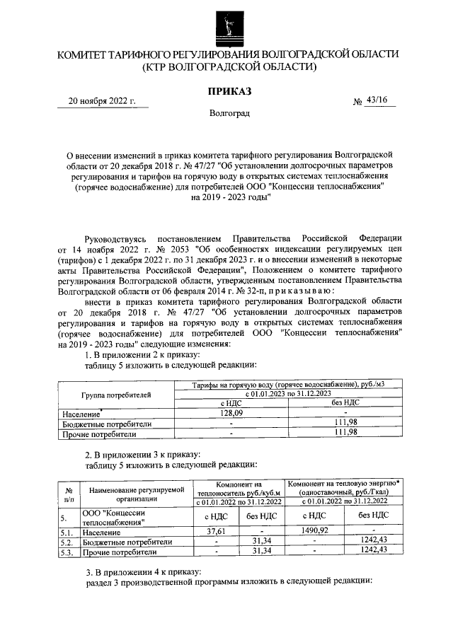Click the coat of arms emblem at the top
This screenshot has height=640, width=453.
(x=227, y=23)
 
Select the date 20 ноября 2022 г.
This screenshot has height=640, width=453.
(x=102, y=100)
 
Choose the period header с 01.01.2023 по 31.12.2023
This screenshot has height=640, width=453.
(x=289, y=393)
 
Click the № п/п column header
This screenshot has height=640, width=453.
(x=69, y=493)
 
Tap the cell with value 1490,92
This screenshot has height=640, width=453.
(x=314, y=531)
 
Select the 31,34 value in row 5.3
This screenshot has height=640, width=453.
(x=262, y=551)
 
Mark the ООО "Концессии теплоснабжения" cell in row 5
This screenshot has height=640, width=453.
(x=114, y=517)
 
